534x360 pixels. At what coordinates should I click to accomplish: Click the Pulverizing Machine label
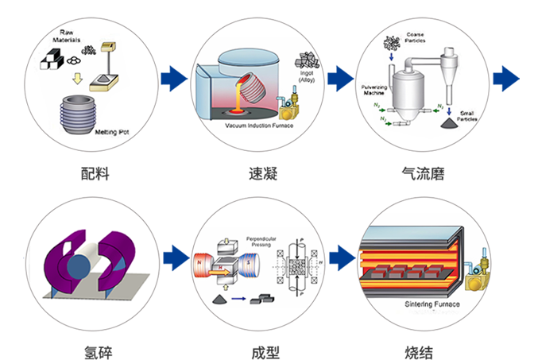[372, 88]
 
